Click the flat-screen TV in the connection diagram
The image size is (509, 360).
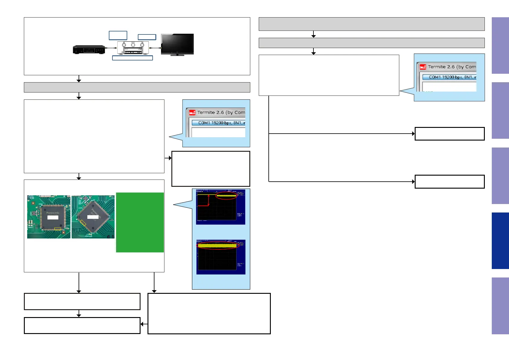(x=177, y=44)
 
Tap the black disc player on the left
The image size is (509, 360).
(x=89, y=49)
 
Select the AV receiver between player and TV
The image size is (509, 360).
(x=133, y=48)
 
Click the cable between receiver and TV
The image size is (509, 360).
(x=155, y=48)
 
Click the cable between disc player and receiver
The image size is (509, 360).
(x=111, y=48)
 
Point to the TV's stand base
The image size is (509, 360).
(x=177, y=55)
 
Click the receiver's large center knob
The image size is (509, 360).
(x=133, y=45)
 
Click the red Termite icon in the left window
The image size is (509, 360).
(x=192, y=113)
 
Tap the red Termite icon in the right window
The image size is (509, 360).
(x=423, y=67)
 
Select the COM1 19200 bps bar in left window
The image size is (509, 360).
(x=219, y=123)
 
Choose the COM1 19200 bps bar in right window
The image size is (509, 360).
(x=449, y=77)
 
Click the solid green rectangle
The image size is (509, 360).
(x=140, y=222)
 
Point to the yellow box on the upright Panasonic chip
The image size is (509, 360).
(x=57, y=229)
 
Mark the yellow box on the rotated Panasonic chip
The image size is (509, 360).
(x=83, y=223)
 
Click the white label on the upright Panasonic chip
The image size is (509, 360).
(x=53, y=217)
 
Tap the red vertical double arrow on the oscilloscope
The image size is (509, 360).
(x=209, y=200)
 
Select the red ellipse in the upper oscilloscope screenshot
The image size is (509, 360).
(x=226, y=196)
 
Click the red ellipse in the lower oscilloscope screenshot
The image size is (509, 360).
(x=218, y=245)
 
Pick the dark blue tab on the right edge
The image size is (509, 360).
(x=500, y=241)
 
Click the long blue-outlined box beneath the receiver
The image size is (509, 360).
(x=132, y=58)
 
